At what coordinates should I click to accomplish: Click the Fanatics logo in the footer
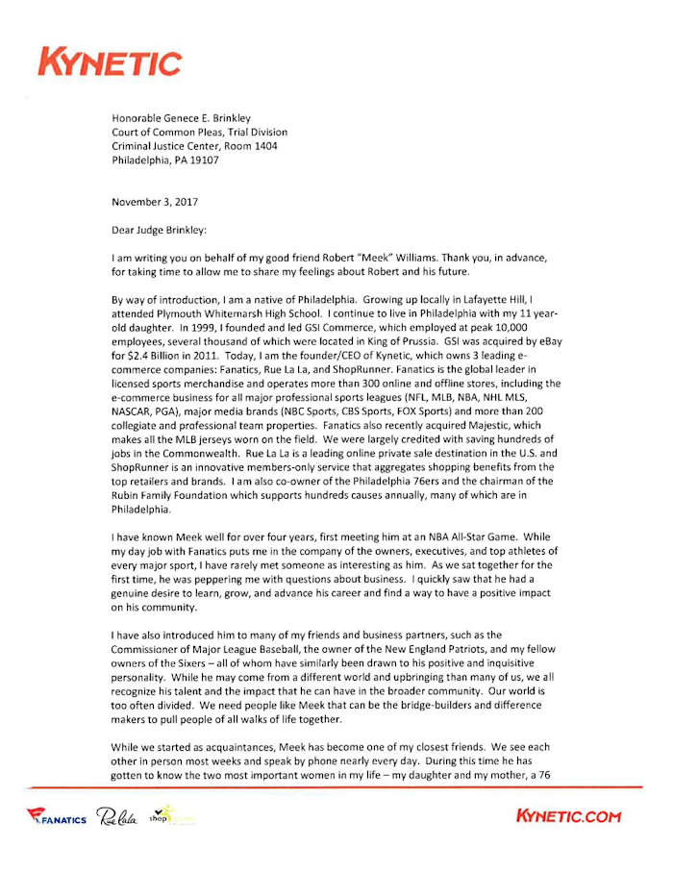(57, 818)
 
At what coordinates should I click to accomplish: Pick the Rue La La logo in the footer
(117, 817)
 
